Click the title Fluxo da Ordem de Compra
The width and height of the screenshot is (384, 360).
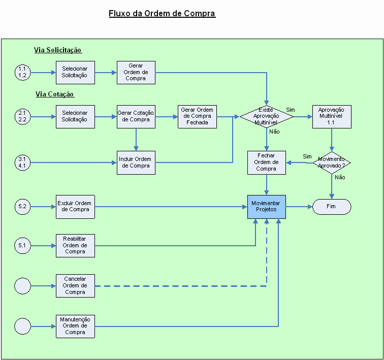[162, 13]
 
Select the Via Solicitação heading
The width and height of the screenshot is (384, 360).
[58, 50]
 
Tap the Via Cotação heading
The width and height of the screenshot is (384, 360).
[55, 94]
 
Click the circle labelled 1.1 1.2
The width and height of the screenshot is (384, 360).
[22, 72]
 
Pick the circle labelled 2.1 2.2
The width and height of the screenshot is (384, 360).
[22, 116]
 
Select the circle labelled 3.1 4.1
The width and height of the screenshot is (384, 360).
[22, 162]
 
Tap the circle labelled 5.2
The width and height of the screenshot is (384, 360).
[22, 206]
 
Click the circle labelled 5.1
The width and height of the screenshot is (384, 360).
[22, 246]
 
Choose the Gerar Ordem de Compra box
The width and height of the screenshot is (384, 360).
[136, 72]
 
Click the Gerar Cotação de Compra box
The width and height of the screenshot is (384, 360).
[136, 116]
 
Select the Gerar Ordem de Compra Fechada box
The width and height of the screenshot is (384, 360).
[197, 116]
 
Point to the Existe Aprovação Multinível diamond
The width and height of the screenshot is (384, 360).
[267, 116]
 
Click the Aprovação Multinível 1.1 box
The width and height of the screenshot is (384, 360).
[332, 116]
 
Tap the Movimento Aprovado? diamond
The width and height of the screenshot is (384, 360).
[332, 162]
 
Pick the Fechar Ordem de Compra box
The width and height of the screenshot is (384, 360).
[267, 162]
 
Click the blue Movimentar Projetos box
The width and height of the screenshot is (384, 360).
[267, 206]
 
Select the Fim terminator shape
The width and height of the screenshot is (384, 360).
[332, 206]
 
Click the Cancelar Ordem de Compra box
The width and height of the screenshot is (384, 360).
[75, 286]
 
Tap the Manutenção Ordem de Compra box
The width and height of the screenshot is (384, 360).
[75, 326]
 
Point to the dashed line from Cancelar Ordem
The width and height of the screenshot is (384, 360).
[178, 286]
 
